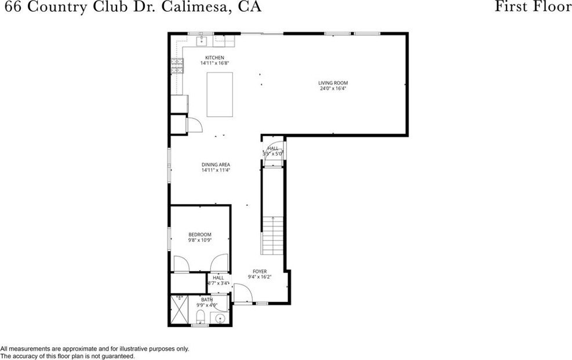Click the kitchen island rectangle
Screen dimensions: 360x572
220,94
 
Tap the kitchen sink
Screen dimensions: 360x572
203,41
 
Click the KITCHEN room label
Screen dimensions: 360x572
214,57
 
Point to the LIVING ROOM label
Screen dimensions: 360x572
333,83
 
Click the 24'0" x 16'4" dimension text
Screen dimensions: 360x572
333,89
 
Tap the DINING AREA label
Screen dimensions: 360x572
216,165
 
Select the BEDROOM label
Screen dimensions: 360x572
199,234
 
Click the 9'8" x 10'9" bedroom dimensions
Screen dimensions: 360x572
199,240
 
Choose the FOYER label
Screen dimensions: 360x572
259,271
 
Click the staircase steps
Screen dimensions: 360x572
272,236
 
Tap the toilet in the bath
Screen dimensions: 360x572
200,317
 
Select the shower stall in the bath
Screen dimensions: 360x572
179,312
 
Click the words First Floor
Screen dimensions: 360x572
533,7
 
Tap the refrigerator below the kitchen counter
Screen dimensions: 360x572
179,103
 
